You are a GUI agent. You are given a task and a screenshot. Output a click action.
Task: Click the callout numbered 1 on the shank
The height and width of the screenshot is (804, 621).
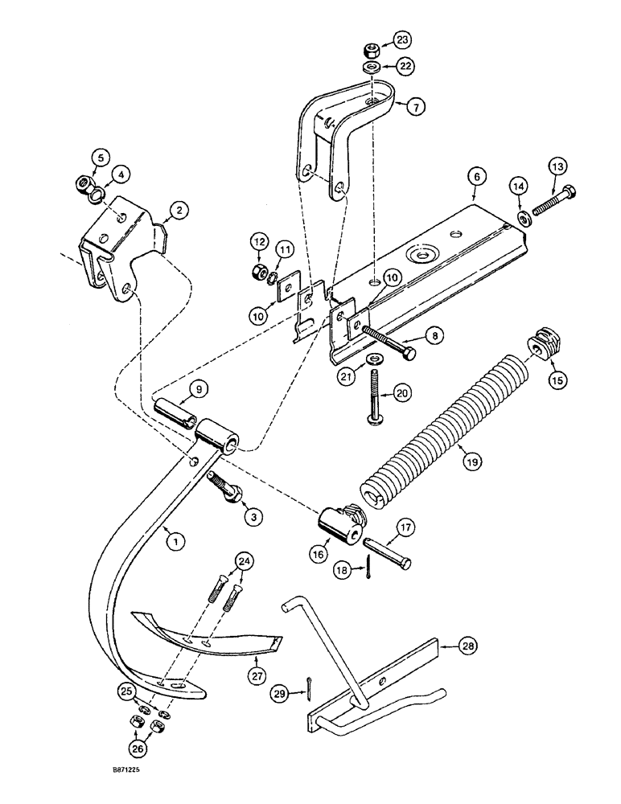(171, 542)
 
